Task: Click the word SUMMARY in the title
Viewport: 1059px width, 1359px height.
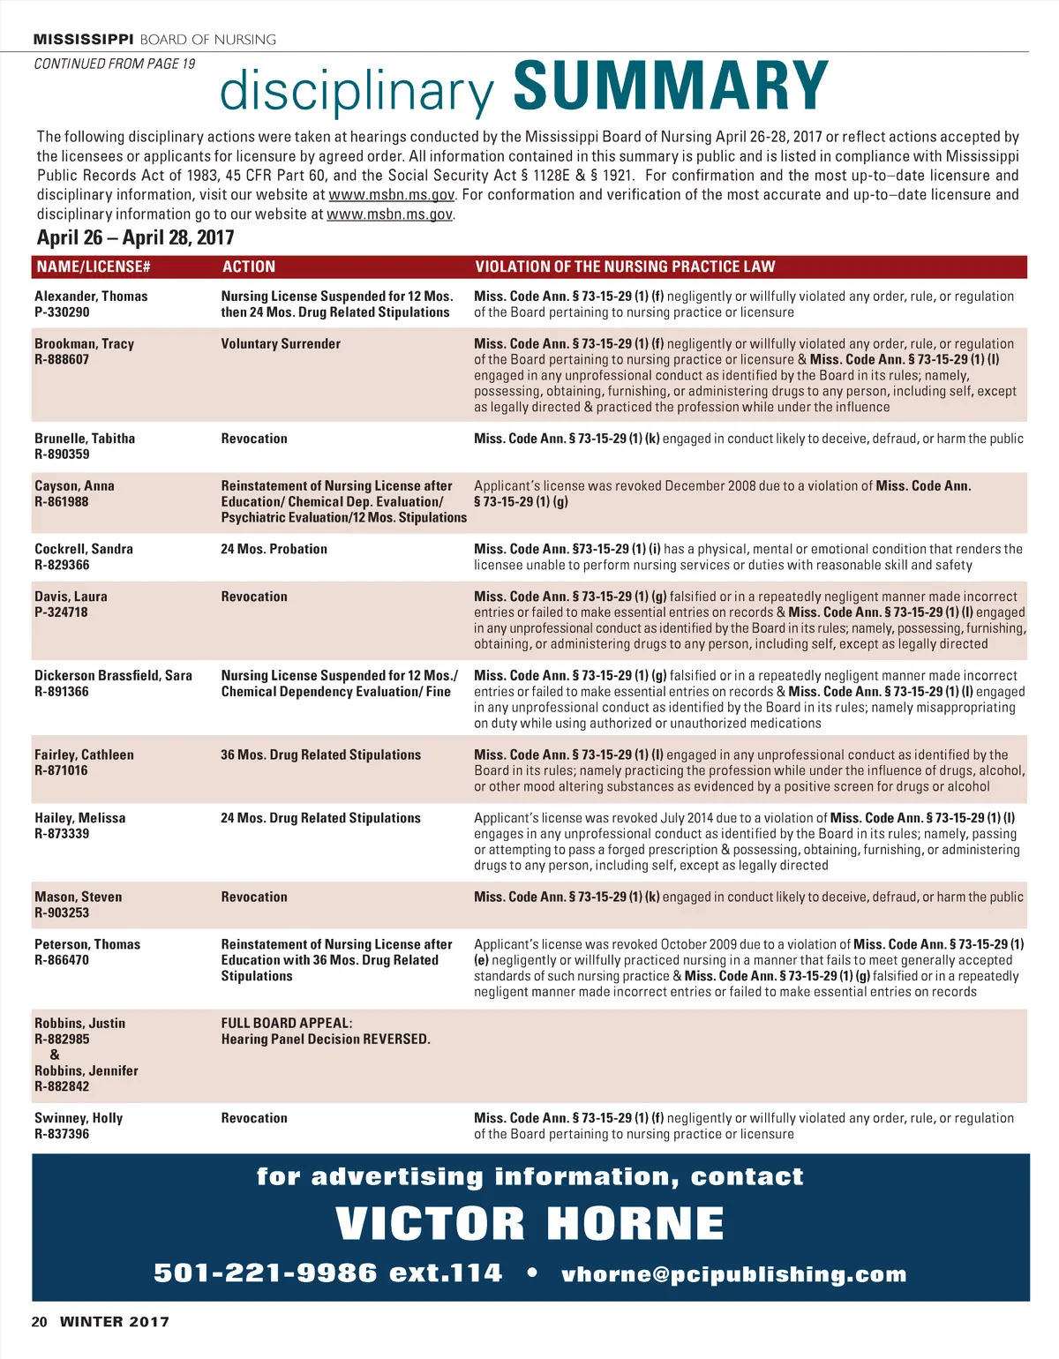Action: pos(671,86)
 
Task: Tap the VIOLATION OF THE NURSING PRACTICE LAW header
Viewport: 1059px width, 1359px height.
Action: pos(625,267)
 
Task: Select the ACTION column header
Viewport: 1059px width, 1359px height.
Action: pos(248,267)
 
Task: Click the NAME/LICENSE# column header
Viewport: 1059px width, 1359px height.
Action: pos(93,267)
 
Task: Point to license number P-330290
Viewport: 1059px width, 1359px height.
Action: pos(62,312)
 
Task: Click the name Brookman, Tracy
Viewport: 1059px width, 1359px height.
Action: pos(84,343)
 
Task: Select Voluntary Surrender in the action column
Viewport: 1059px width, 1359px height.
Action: pos(281,343)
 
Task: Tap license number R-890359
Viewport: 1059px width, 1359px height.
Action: pos(62,454)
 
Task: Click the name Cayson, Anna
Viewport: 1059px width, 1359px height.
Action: pos(74,485)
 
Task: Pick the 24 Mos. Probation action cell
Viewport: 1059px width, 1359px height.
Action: pos(274,549)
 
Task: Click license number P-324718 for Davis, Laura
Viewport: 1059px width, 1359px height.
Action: pos(61,612)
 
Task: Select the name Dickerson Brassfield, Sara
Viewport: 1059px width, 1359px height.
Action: pos(113,675)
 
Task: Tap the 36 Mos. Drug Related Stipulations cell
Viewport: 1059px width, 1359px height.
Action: pos(320,755)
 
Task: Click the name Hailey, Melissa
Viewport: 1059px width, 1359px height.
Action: pos(79,818)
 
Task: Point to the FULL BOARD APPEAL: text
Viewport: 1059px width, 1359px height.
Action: pos(287,1023)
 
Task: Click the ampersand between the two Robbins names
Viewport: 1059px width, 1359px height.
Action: pos(55,1055)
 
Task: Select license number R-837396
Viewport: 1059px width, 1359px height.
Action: pos(62,1134)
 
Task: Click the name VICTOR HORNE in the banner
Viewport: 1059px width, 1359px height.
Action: pos(529,1224)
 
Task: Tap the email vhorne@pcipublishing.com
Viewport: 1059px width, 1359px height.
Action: pos(734,1274)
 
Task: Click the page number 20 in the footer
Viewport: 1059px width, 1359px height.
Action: pos(39,1322)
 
